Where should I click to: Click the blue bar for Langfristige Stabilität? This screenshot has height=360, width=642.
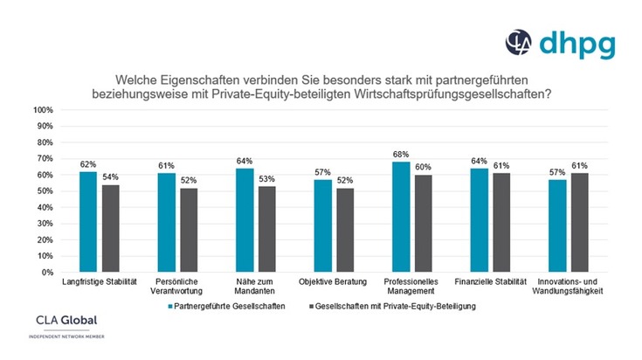coord(87,222)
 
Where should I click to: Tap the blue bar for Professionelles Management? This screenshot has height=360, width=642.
coord(401,217)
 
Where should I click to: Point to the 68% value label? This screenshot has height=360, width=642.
coord(401,155)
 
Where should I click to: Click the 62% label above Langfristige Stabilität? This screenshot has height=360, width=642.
coord(87,164)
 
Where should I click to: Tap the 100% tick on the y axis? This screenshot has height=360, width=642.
coord(44,110)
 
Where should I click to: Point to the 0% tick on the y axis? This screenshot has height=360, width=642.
coord(47,272)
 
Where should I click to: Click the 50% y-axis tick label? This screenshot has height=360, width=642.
coord(45,191)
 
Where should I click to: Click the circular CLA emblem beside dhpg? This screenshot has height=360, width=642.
coord(520,42)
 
